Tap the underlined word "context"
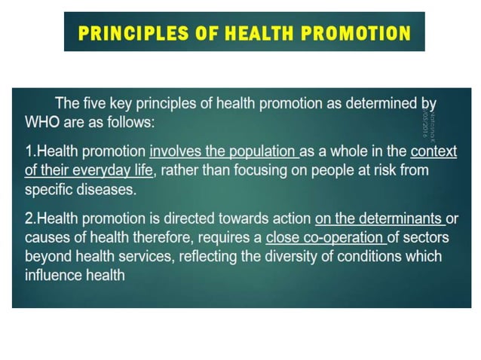click(434, 151)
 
